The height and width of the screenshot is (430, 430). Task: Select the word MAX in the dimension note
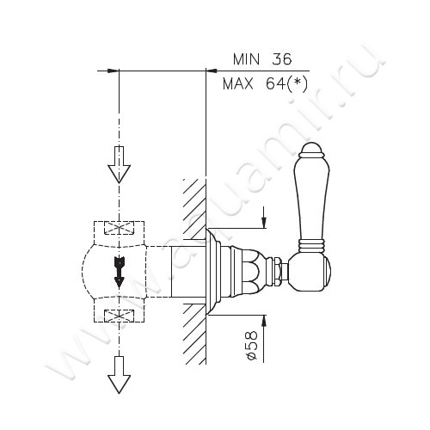click(240, 84)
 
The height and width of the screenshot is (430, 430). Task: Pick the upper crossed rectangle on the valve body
click(118, 230)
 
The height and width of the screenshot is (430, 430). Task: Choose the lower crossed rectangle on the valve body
click(118, 313)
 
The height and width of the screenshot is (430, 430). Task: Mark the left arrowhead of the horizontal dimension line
click(108, 71)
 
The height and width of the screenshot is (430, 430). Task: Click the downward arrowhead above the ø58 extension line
click(263, 223)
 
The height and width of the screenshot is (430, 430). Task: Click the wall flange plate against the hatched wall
click(212, 270)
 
